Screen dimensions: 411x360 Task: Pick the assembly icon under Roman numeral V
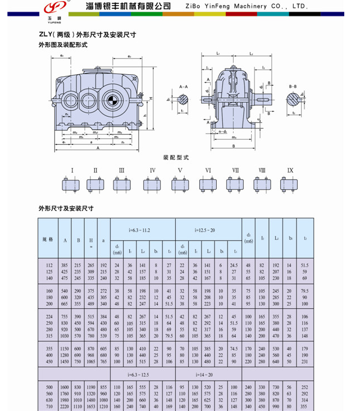[x=180, y=184]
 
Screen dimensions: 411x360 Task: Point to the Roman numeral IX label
[x=290, y=170]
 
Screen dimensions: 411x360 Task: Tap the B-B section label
[x=293, y=87]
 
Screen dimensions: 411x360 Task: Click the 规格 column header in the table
[x=48, y=239]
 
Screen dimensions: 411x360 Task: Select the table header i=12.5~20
[x=204, y=230]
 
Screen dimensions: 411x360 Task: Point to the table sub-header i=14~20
[x=204, y=374]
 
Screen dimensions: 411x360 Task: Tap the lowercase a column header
[x=103, y=240]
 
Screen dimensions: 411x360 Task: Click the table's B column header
[x=78, y=240]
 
